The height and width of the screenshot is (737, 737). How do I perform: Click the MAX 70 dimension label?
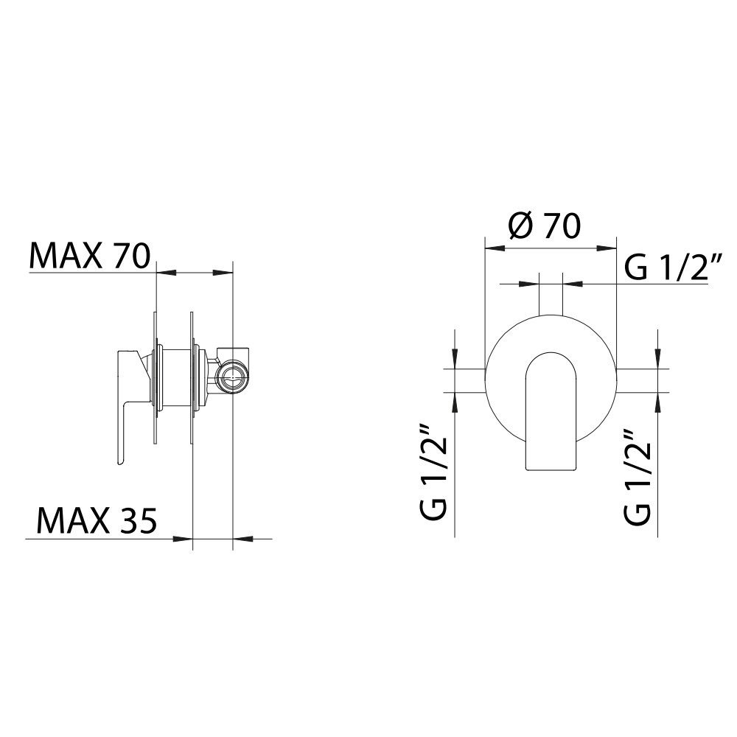[89, 256]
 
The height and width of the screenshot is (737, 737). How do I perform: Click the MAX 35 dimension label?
[97, 521]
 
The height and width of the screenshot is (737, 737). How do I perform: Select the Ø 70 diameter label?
[545, 226]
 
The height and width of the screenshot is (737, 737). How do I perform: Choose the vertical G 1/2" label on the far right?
[638, 477]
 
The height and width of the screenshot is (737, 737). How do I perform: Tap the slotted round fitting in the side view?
[231, 376]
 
